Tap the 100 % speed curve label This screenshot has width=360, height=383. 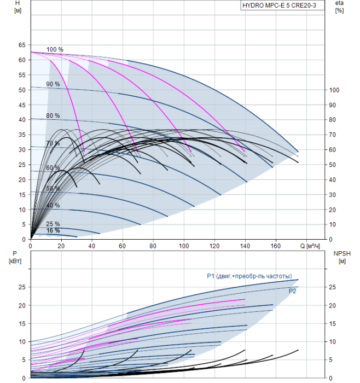tap(55, 50)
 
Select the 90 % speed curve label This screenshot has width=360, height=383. tap(53, 84)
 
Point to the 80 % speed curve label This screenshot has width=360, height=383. tap(53, 116)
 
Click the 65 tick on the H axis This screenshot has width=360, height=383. tap(22, 45)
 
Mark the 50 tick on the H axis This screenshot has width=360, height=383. tap(22, 90)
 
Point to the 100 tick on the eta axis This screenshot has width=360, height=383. tap(335, 90)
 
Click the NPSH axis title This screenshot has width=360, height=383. tap(340, 257)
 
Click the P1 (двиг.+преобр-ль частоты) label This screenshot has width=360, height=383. tap(249, 276)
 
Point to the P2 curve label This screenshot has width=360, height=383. tap(293, 291)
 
